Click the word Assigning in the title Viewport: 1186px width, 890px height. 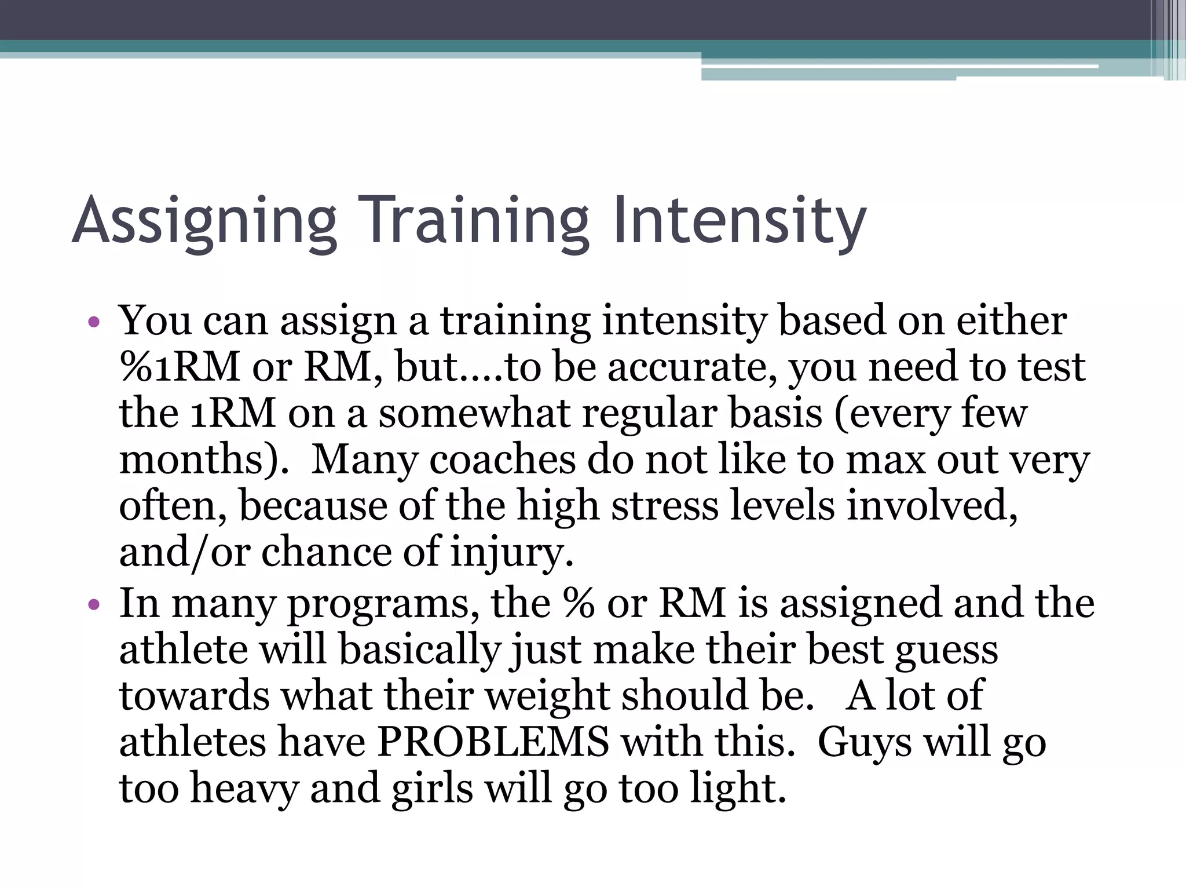[204, 221]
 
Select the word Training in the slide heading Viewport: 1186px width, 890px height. [474, 221]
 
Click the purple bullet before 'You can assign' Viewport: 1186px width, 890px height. [94, 322]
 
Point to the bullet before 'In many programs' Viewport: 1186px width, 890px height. [94, 606]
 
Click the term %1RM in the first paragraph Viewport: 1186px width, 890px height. [180, 367]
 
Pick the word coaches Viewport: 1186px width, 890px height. [502, 460]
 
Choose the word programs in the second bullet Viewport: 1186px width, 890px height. [383, 604]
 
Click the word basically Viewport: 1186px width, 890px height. [420, 650]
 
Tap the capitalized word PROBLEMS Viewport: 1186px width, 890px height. [493, 742]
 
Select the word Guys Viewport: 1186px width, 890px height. [863, 742]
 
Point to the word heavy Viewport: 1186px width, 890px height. [244, 789]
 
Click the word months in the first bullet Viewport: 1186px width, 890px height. [197, 460]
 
